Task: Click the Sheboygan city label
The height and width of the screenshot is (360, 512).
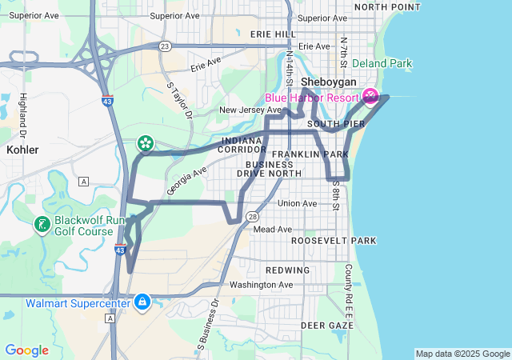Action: pos(328,82)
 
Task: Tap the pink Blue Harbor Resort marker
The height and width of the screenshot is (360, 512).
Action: pos(370,97)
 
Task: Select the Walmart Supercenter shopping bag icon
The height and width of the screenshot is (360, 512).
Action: pos(142,302)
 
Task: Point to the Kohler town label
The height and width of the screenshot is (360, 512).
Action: pos(22,150)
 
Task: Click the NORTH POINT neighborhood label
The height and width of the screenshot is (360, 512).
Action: pos(387,6)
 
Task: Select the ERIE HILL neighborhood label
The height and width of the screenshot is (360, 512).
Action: pos(273,34)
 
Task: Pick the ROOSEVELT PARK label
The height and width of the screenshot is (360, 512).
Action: pos(333,240)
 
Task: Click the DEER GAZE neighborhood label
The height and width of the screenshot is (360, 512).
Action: pos(327,326)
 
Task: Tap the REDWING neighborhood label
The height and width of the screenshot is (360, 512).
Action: pos(287,270)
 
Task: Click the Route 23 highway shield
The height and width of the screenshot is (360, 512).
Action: pos(164,46)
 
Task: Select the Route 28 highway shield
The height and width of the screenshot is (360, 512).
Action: pos(252,216)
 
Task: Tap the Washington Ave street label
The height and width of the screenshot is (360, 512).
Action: pos(261,285)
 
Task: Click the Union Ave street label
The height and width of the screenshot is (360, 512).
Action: pos(297,204)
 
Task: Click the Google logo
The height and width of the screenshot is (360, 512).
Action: pos(26,350)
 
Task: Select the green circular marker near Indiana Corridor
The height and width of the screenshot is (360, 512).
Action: pos(146,143)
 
